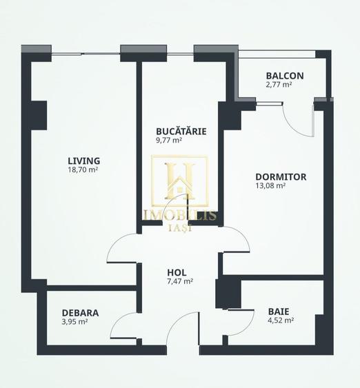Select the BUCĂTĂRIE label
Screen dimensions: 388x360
pos(181,131)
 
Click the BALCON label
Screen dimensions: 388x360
pos(285,76)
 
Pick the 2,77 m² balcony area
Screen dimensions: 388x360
pos(279,85)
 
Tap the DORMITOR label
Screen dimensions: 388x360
pos(281,176)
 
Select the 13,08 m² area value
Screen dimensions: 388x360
pos(270,185)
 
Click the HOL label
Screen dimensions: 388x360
pos(177,272)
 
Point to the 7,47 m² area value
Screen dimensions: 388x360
pos(180,281)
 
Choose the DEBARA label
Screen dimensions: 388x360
pos(80,312)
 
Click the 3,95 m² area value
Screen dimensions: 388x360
pos(74,322)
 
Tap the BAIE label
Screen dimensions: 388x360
pos(279,311)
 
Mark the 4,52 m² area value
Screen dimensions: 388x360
pos(281,320)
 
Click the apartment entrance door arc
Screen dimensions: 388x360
pos(181,329)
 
